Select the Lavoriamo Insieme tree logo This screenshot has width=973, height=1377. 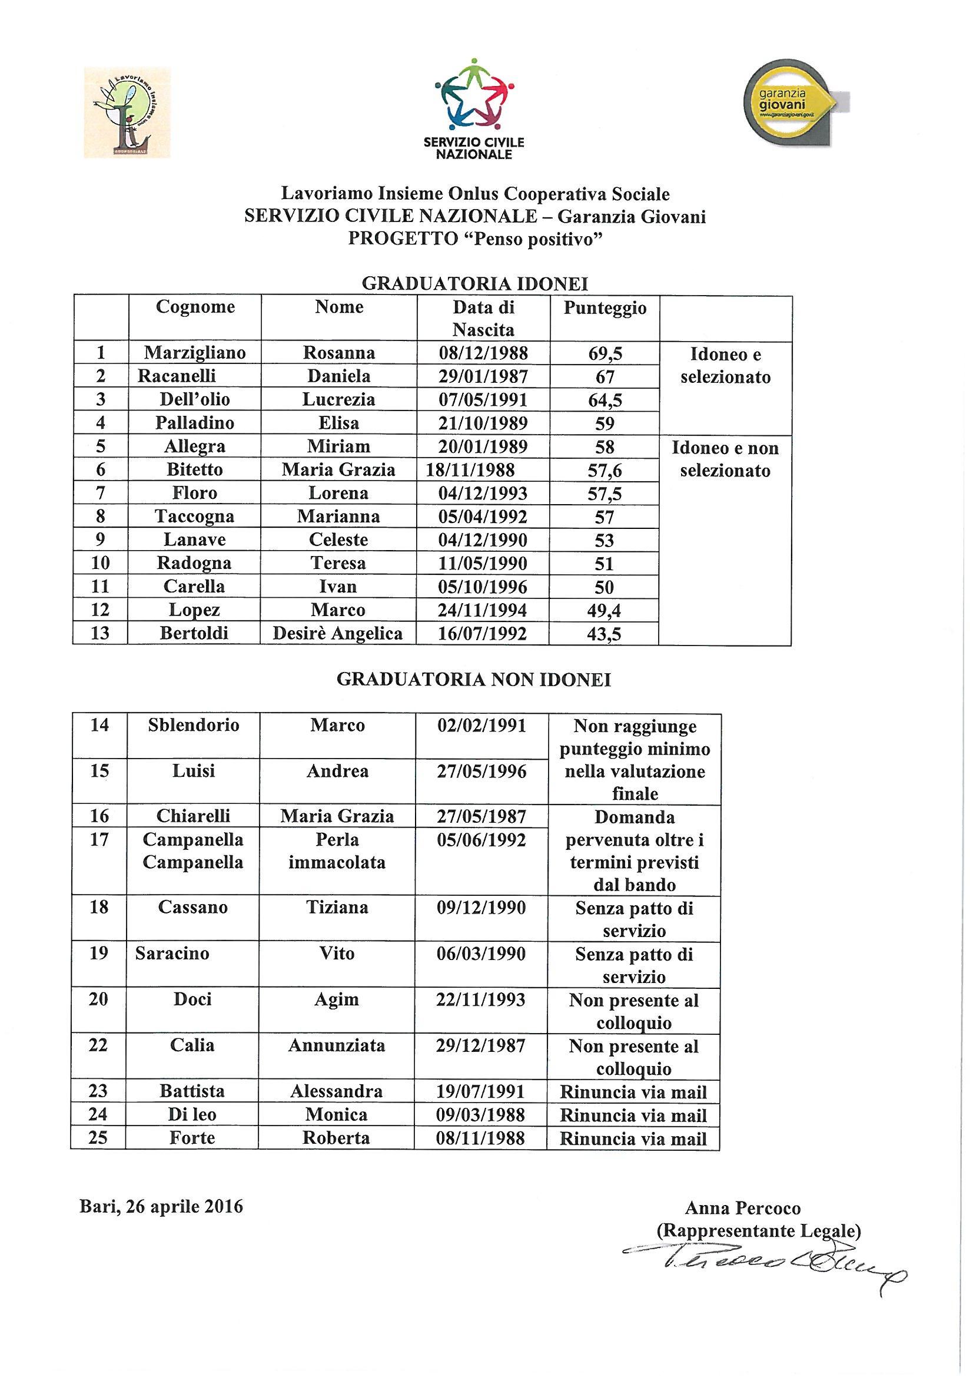127,112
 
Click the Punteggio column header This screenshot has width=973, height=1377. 605,308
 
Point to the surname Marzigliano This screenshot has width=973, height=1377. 195,353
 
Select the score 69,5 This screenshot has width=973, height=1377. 605,354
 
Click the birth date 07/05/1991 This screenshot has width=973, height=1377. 483,399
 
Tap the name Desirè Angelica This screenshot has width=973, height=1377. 337,633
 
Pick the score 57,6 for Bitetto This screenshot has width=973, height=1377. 605,471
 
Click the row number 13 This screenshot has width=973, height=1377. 100,633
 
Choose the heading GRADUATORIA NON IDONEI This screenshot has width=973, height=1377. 474,680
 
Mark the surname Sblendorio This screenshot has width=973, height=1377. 194,726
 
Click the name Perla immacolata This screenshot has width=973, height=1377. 337,851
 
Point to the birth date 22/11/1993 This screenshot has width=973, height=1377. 481,999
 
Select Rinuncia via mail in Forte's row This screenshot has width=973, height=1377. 633,1139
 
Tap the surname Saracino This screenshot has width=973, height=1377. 172,954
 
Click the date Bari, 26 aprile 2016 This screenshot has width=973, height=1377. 161,1207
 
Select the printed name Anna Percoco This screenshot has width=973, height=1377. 743,1208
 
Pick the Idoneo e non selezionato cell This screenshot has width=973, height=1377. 725,459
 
